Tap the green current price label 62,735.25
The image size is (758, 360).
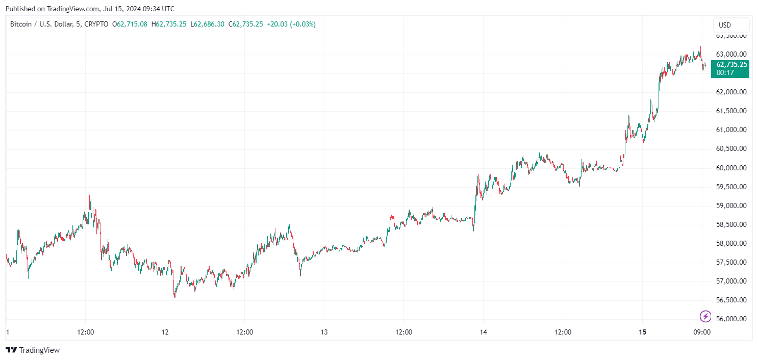click(x=731, y=65)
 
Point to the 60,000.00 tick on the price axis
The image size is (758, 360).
click(x=731, y=168)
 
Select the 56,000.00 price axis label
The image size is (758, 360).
click(x=731, y=319)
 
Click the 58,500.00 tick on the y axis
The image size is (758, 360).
click(x=731, y=224)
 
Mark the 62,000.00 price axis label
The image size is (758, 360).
click(x=731, y=92)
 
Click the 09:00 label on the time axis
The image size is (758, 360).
click(x=702, y=332)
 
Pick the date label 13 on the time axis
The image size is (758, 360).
click(x=324, y=332)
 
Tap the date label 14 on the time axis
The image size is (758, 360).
click(x=483, y=332)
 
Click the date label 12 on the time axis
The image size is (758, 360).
click(x=165, y=332)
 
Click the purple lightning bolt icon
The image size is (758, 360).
click(x=705, y=316)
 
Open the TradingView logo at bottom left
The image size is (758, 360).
click(x=33, y=350)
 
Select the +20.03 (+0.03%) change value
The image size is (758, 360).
click(x=290, y=24)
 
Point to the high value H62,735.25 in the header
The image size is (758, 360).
click(x=169, y=24)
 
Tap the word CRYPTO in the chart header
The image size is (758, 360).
click(x=96, y=24)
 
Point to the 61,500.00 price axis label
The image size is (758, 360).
click(x=731, y=111)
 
